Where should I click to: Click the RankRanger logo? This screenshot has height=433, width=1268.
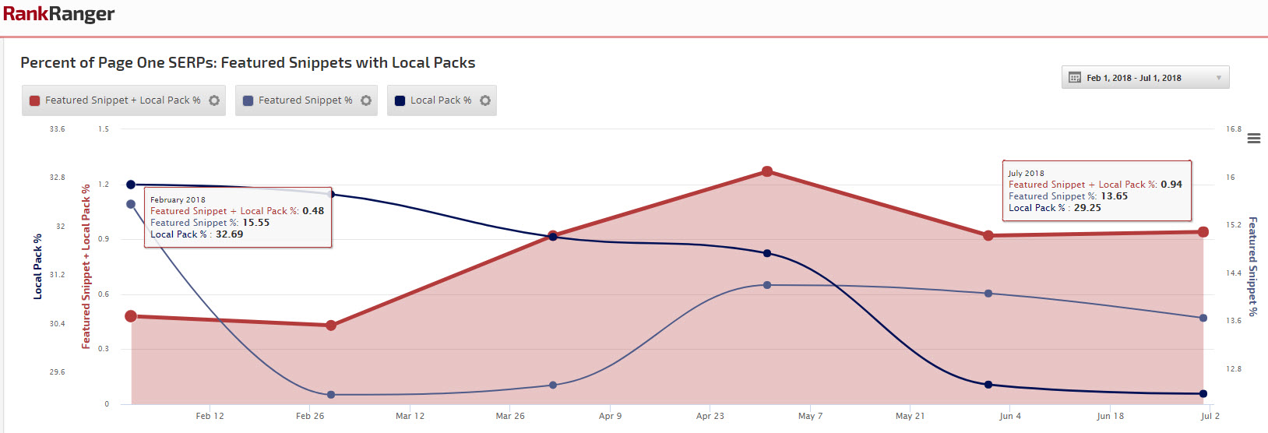pyautogui.click(x=58, y=14)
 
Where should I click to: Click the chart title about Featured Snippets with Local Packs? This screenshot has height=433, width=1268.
pyautogui.click(x=248, y=63)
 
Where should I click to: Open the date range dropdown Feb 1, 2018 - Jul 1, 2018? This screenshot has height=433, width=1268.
pyautogui.click(x=1145, y=78)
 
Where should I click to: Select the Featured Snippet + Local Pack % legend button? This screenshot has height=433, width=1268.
pyautogui.click(x=114, y=100)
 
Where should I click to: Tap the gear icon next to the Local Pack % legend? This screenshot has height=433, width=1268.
pyautogui.click(x=485, y=100)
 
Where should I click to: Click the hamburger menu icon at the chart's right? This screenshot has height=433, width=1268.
pyautogui.click(x=1254, y=139)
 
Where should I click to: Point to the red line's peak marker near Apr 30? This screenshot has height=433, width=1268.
pyautogui.click(x=767, y=171)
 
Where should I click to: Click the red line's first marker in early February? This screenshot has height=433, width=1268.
pyautogui.click(x=131, y=316)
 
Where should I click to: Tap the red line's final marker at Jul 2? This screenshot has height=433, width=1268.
pyautogui.click(x=1203, y=232)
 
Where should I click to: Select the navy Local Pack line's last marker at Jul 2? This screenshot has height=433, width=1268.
pyautogui.click(x=1203, y=394)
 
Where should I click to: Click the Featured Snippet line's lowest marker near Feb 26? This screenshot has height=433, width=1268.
pyautogui.click(x=331, y=395)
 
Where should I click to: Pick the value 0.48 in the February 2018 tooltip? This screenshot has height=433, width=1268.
pyautogui.click(x=313, y=211)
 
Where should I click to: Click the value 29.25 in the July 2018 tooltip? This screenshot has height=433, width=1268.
pyautogui.click(x=1087, y=208)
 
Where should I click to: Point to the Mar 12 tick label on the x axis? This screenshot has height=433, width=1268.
pyautogui.click(x=410, y=416)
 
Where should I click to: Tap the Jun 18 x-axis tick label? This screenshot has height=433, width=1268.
pyautogui.click(x=1110, y=416)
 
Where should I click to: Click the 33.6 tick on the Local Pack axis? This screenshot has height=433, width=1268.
pyautogui.click(x=58, y=129)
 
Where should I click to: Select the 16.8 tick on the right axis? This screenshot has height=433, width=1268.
pyautogui.click(x=1234, y=129)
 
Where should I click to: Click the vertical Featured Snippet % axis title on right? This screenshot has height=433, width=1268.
pyautogui.click(x=1252, y=266)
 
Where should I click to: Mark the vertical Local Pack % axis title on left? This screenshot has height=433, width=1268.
pyautogui.click(x=37, y=266)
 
